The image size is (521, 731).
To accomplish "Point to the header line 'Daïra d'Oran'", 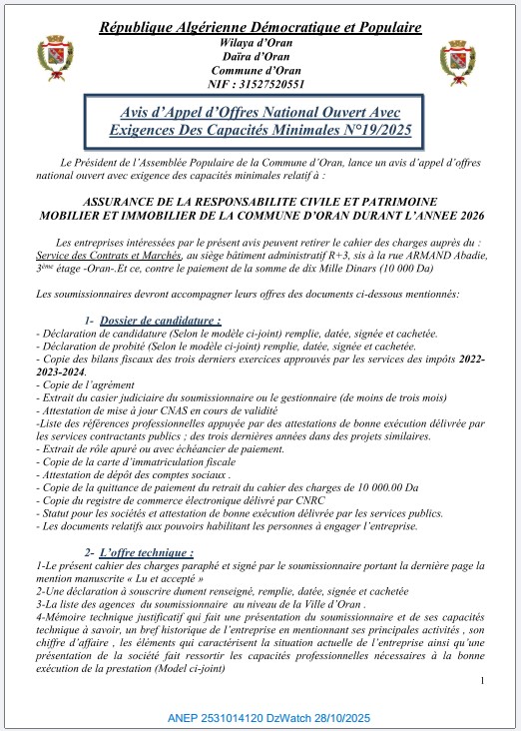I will (x=260, y=58).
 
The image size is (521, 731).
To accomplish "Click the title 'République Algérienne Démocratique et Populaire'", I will (x=260, y=26).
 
